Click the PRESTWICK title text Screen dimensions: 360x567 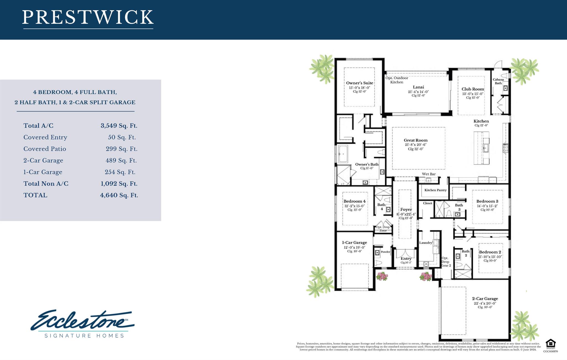click(88, 17)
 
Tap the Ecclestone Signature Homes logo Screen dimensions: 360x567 click(83, 324)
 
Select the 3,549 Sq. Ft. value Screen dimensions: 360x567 click(119, 126)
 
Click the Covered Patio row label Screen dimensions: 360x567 click(45, 149)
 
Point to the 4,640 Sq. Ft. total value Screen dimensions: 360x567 click(119, 195)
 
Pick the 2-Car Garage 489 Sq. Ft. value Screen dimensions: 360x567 click(121, 160)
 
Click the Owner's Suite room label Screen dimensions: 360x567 click(359, 83)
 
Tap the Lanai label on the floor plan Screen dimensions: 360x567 click(418, 87)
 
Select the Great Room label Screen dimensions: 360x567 click(416, 140)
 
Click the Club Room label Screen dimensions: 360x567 click(473, 89)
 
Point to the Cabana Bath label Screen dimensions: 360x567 click(498, 81)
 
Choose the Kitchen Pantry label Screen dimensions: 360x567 click(435, 190)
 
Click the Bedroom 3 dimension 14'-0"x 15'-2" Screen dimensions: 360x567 click(487, 206)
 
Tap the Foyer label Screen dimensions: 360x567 click(406, 209)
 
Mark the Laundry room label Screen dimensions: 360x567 click(426, 243)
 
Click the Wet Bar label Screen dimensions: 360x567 click(429, 174)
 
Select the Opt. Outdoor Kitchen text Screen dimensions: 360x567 click(397, 80)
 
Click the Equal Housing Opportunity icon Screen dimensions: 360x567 click(550, 344)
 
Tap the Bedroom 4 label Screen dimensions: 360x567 click(354, 201)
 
